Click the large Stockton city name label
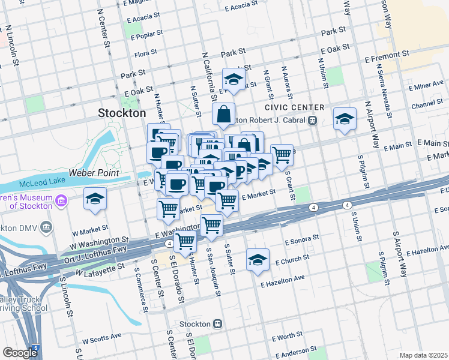122,113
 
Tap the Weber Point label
94,173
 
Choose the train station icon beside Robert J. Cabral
312,120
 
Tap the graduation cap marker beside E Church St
258,260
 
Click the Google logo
20,353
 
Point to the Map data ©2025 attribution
424,355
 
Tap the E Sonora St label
301,240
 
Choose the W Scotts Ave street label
102,337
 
